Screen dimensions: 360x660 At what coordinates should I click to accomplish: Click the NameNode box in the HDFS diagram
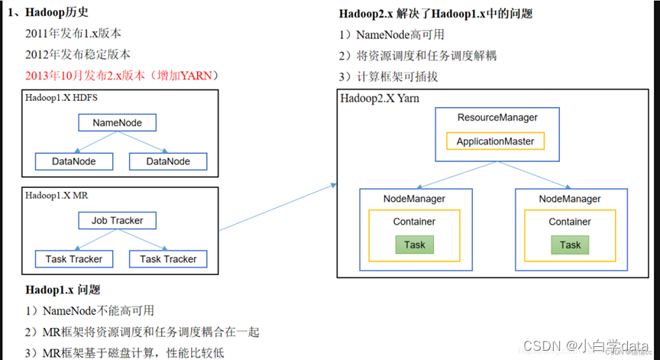point(117,122)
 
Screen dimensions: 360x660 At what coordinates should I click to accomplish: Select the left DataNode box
point(73,161)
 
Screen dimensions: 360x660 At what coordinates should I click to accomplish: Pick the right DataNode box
point(168,161)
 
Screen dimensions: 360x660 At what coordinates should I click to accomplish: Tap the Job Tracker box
point(117,221)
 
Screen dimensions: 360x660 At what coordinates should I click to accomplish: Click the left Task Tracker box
point(73,259)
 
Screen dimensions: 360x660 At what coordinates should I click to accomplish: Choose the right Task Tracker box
point(168,259)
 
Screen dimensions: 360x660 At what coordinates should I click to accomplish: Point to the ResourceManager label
point(497,118)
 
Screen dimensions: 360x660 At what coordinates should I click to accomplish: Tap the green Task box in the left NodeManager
point(415,245)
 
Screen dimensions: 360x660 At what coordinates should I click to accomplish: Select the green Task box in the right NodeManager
point(570,245)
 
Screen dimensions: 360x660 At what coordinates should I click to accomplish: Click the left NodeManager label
point(414,199)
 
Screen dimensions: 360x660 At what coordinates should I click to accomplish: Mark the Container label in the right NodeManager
point(569,222)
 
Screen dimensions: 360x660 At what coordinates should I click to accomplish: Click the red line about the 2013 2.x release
point(123,75)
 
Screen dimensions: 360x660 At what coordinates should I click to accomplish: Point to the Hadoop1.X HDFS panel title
point(62,99)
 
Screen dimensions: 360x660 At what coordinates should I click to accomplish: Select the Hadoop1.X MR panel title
point(57,196)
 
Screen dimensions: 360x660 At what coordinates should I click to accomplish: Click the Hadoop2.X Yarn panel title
point(380,99)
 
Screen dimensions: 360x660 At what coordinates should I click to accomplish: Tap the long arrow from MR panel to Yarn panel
point(278,206)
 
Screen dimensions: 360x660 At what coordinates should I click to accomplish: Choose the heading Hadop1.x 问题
point(63,290)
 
